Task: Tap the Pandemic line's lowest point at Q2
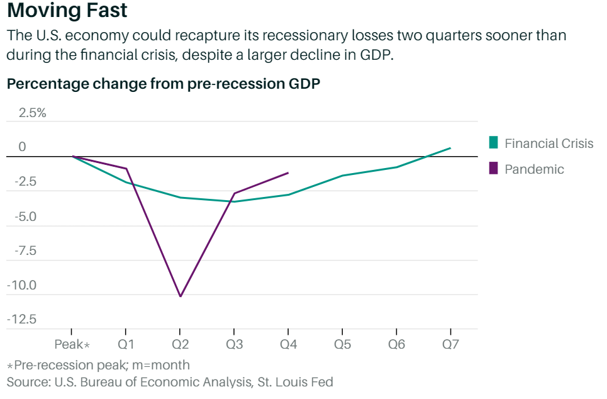pyautogui.click(x=181, y=296)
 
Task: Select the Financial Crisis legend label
pyautogui.click(x=549, y=143)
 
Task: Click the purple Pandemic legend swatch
pyautogui.click(x=494, y=169)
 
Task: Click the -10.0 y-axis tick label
pyautogui.click(x=21, y=285)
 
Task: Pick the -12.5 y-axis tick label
pyautogui.click(x=21, y=319)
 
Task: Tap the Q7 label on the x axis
pyautogui.click(x=450, y=344)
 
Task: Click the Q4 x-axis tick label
pyautogui.click(x=288, y=344)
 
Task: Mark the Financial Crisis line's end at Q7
pyautogui.click(x=450, y=148)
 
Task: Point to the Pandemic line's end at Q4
pyautogui.click(x=288, y=172)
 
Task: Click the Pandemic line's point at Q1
pyautogui.click(x=126, y=169)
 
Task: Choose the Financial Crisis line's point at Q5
pyautogui.click(x=342, y=176)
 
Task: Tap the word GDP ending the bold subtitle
pyautogui.click(x=304, y=85)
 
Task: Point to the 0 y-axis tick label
pyautogui.click(x=23, y=147)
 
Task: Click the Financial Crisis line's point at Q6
pyautogui.click(x=396, y=167)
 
